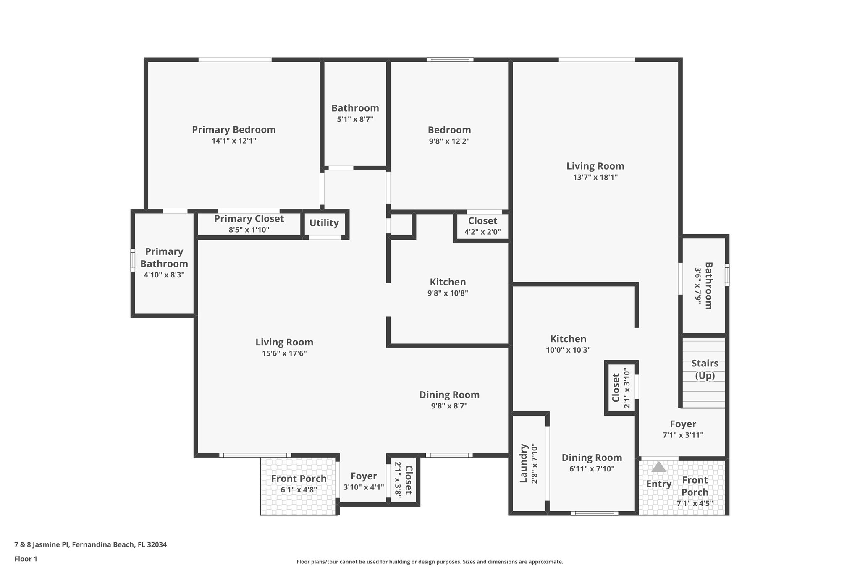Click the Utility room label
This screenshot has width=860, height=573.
(x=324, y=223)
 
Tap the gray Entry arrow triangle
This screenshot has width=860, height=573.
(x=658, y=467)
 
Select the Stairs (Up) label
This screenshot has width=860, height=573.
(x=705, y=369)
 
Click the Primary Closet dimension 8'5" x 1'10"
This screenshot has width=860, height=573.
(x=249, y=230)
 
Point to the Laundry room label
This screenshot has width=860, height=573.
(x=523, y=463)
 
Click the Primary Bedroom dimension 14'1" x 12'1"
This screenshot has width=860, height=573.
(x=234, y=141)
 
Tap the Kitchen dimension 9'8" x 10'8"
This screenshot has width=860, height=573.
(x=448, y=293)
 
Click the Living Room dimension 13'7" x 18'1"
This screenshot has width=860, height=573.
(x=595, y=177)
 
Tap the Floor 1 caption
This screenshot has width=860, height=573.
(x=26, y=559)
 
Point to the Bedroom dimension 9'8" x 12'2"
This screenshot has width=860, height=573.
(x=449, y=141)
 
